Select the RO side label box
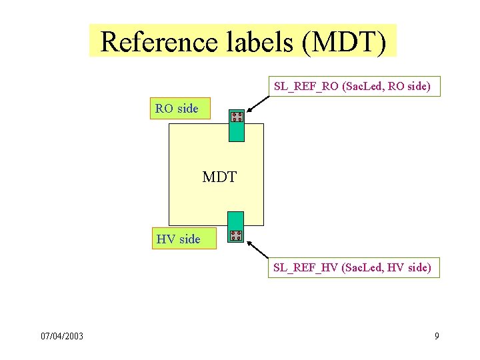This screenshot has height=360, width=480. point(178,108)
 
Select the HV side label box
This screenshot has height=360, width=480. point(179,239)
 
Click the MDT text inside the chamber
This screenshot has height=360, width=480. point(219,177)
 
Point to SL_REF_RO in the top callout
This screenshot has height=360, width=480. point(305,86)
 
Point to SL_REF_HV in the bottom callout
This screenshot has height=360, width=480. point(305,268)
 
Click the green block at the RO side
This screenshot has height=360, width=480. point(236,131)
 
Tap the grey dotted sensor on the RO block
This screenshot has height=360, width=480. point(237,117)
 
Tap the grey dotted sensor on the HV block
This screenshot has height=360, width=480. point(235,235)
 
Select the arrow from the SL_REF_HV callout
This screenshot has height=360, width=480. point(257,249)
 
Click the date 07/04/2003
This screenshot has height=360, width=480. point(62,336)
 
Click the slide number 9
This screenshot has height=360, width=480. point(437,336)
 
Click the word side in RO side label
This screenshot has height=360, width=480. point(188,108)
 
